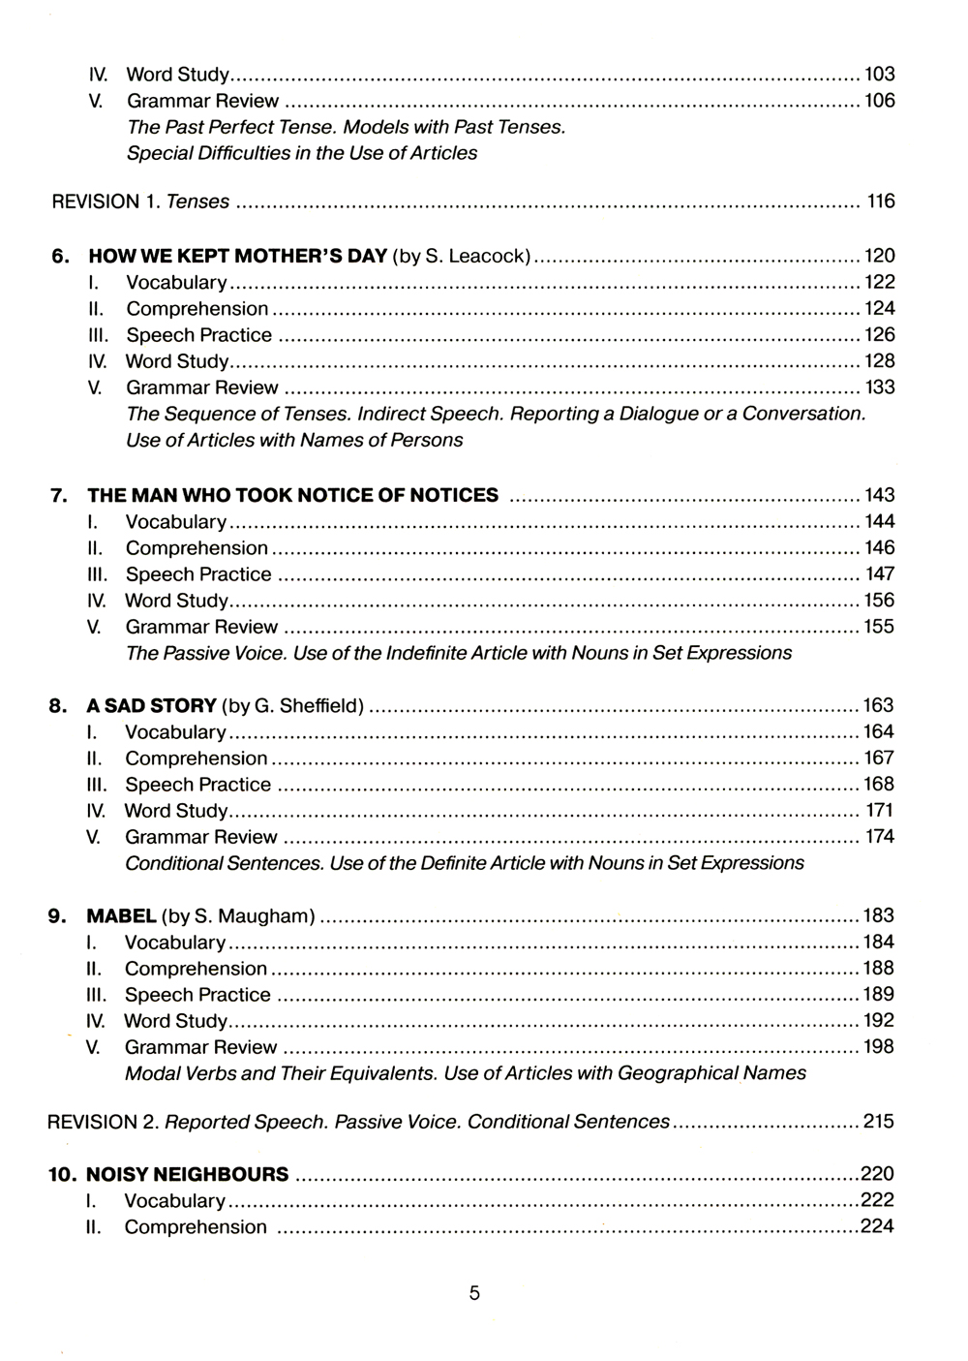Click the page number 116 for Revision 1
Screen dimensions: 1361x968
[x=881, y=201]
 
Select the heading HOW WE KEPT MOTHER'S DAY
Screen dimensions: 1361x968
[x=237, y=257]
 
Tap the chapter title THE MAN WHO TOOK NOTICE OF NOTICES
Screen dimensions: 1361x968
[x=292, y=496]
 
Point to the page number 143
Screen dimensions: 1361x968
[x=879, y=495]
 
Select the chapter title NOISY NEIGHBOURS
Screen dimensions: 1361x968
[x=187, y=1175]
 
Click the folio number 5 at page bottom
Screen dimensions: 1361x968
[x=474, y=1293]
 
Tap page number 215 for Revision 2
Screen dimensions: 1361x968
[x=879, y=1122]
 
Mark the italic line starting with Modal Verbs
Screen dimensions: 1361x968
[x=465, y=1073]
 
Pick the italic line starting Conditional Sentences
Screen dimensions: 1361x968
[x=464, y=863]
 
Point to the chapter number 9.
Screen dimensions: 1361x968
[x=57, y=916]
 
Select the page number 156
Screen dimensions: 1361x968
[x=879, y=601]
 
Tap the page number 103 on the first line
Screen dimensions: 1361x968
[x=879, y=75]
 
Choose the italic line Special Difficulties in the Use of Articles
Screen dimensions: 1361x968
[x=302, y=153]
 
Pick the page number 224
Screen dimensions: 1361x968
[x=877, y=1226]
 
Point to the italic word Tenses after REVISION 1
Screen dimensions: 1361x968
[x=198, y=202]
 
